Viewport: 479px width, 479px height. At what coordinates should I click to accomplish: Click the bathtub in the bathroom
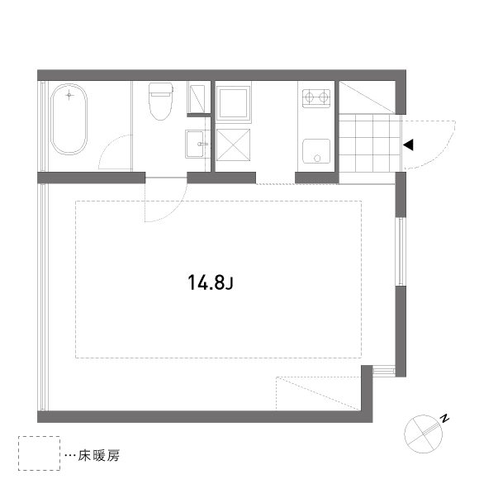click(69, 119)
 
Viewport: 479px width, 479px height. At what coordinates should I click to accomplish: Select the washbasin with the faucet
click(196, 144)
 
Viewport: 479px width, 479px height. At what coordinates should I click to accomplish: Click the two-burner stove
click(316, 98)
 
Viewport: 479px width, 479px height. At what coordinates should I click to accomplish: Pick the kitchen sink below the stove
click(316, 151)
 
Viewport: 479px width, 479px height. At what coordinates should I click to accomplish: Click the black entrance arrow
click(408, 145)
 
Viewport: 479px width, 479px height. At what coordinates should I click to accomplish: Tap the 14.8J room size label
click(211, 282)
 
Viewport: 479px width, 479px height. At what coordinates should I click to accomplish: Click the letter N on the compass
click(445, 418)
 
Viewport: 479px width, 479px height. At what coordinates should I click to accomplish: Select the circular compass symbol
click(423, 434)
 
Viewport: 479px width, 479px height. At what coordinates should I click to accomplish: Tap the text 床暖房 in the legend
click(98, 456)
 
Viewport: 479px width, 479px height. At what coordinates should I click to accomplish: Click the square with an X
click(233, 145)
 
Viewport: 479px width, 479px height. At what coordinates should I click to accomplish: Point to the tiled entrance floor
click(370, 143)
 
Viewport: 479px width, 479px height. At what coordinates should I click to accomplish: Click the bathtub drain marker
click(69, 95)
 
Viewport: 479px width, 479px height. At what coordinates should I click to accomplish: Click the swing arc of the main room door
click(175, 210)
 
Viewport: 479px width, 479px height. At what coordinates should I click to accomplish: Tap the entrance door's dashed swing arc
click(443, 152)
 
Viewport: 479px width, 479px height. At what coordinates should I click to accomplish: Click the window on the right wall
click(401, 251)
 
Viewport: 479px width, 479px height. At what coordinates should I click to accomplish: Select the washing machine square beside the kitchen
click(233, 102)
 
